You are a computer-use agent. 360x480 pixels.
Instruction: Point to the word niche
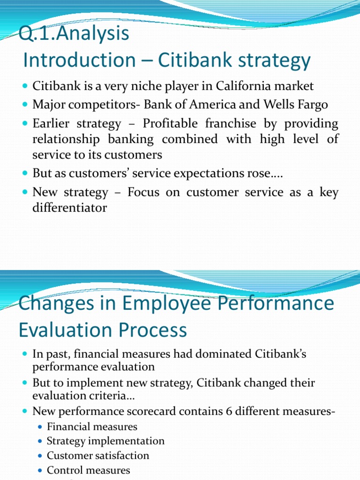(x=136, y=86)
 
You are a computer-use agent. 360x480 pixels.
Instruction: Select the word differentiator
(x=69, y=207)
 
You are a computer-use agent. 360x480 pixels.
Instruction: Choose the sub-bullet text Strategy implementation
(x=105, y=441)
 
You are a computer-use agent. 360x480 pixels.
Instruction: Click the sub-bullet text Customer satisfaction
(x=98, y=456)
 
